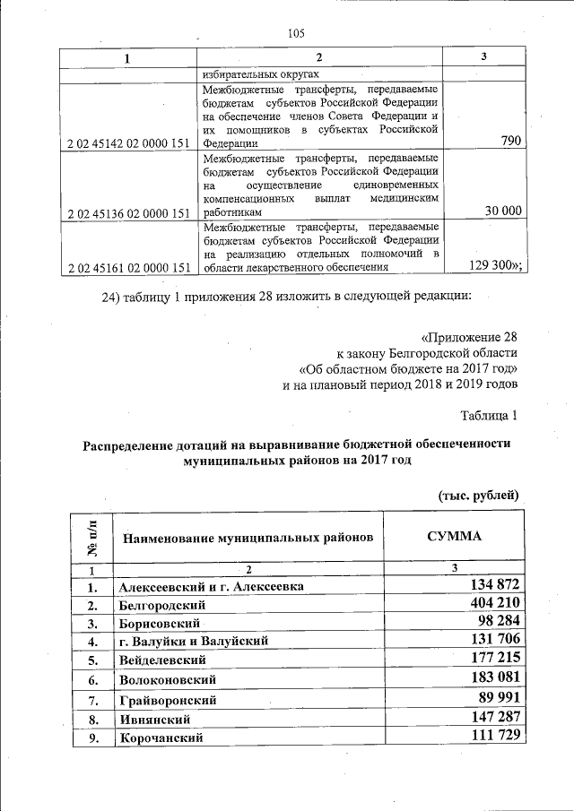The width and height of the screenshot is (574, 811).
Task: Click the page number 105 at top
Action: coord(297,34)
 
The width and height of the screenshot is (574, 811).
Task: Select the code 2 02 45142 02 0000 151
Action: coord(128,142)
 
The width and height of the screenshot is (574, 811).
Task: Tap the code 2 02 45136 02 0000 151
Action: coord(128,213)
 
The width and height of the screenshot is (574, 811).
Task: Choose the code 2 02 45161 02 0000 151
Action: coord(128,267)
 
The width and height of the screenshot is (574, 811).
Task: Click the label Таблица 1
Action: coord(489,415)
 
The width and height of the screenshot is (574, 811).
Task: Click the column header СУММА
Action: coord(454,536)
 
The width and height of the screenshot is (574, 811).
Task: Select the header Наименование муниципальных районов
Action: coord(247,538)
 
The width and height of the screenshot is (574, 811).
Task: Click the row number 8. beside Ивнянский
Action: coord(91,719)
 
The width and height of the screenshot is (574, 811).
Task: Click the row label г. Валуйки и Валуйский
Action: coord(192,642)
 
